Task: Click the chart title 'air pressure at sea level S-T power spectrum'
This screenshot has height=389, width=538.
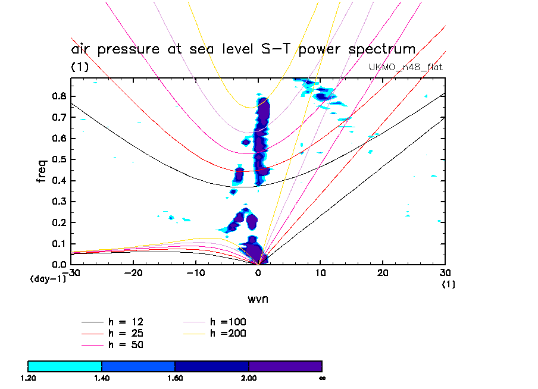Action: pyautogui.click(x=243, y=49)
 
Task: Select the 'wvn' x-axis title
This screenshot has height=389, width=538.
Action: pyautogui.click(x=258, y=298)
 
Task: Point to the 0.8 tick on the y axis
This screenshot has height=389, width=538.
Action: pyautogui.click(x=58, y=97)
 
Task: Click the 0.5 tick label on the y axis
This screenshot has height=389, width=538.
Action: pyautogui.click(x=58, y=160)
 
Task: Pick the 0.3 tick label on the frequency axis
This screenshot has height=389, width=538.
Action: pyautogui.click(x=58, y=202)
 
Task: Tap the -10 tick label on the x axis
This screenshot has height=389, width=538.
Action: pyautogui.click(x=195, y=272)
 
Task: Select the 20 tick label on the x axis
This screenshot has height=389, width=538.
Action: pyautogui.click(x=383, y=272)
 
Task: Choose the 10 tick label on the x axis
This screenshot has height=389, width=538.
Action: pyautogui.click(x=321, y=272)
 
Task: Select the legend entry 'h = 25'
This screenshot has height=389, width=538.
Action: pyautogui.click(x=125, y=333)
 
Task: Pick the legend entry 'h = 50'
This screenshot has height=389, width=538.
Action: pyautogui.click(x=125, y=344)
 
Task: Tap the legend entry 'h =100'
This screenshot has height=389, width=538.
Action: pyautogui.click(x=228, y=322)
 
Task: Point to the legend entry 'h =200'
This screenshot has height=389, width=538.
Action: pyautogui.click(x=228, y=333)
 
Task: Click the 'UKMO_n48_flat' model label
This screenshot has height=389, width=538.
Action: pyautogui.click(x=406, y=67)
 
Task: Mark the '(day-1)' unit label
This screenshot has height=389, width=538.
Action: pyautogui.click(x=48, y=278)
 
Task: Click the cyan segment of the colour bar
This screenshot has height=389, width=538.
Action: pyautogui.click(x=65, y=366)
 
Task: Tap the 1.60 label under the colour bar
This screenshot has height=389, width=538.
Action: pyautogui.click(x=175, y=378)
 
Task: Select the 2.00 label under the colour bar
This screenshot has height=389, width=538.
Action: pyautogui.click(x=249, y=378)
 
